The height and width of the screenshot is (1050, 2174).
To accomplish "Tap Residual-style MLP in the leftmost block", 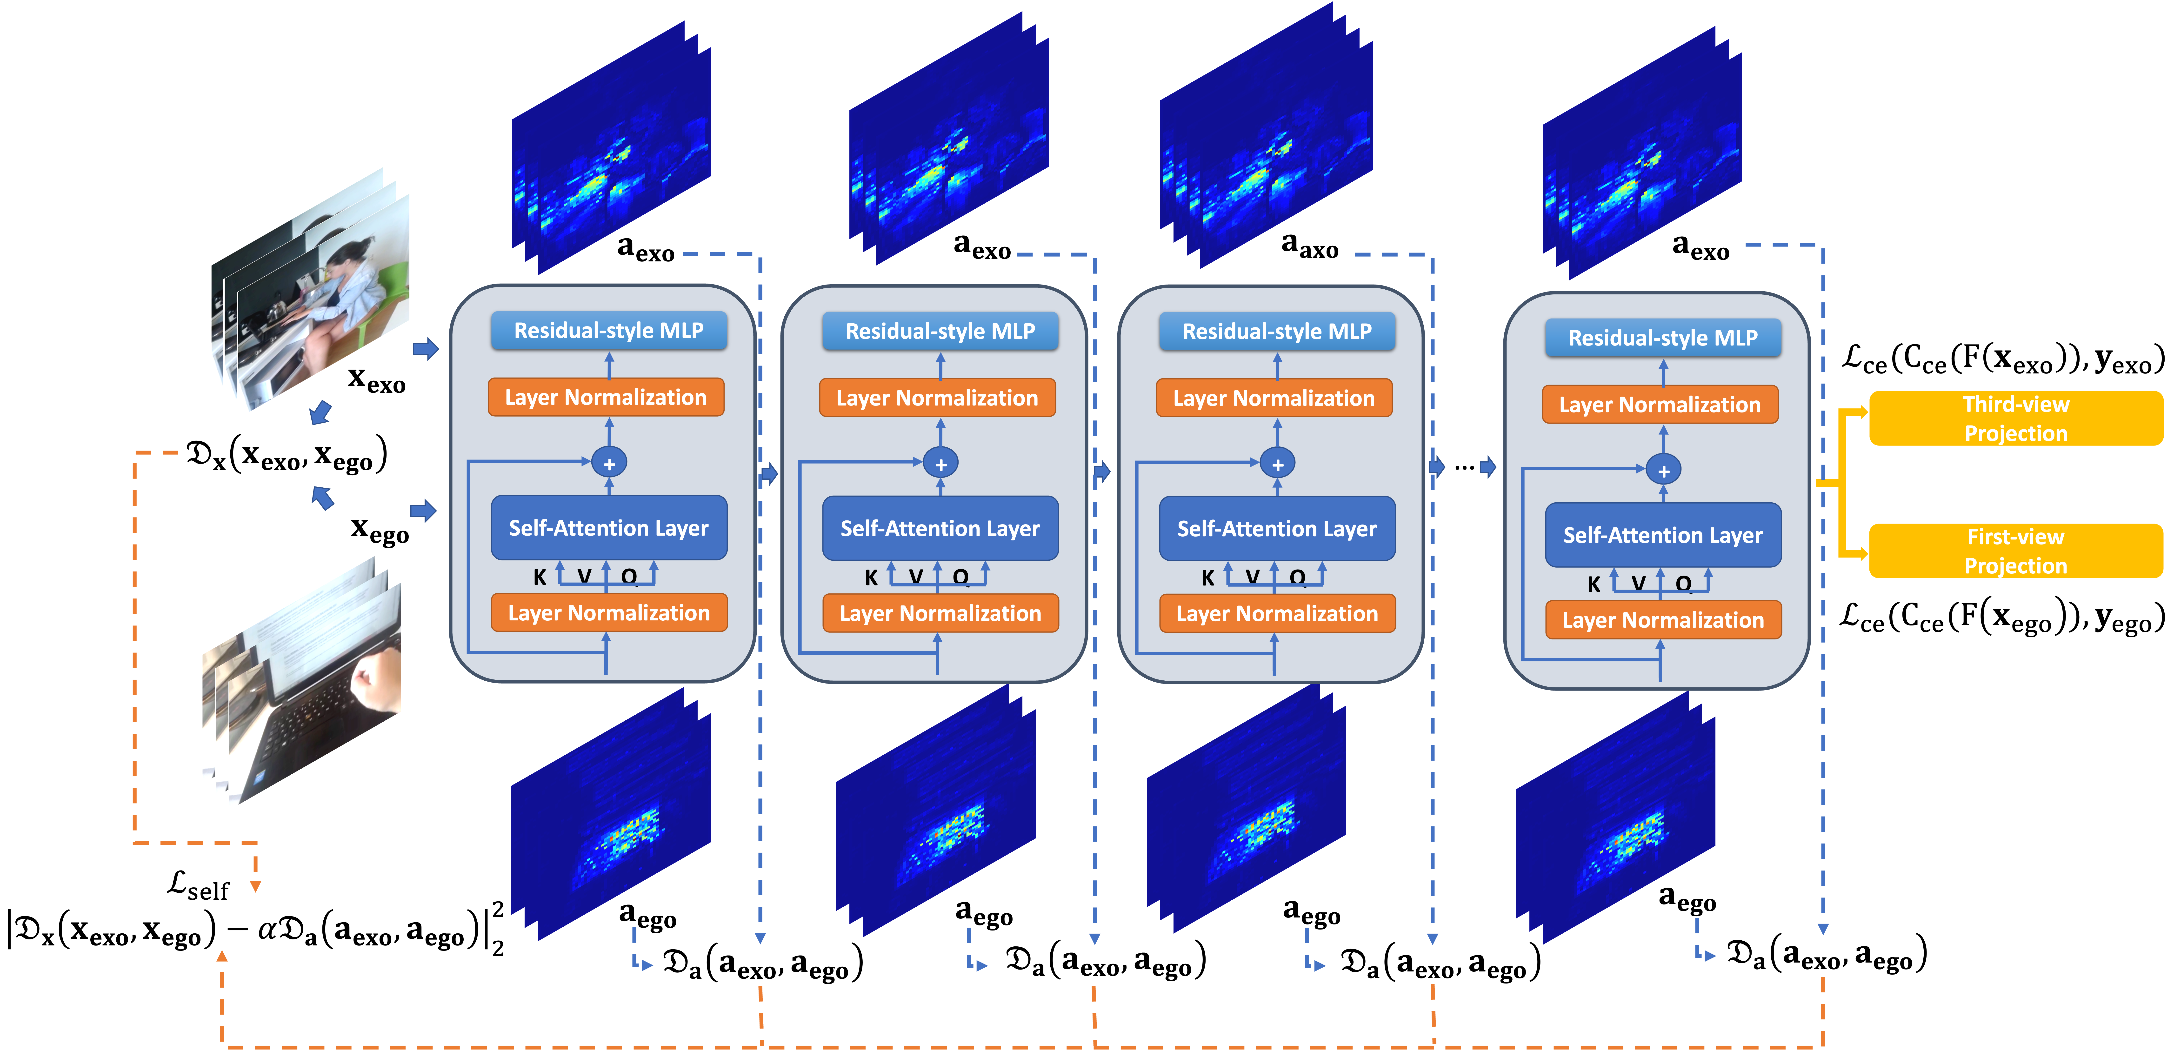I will (x=608, y=331).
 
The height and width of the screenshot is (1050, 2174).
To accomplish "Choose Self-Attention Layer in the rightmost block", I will (x=1663, y=535).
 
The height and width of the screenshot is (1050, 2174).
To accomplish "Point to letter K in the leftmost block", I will (x=539, y=577).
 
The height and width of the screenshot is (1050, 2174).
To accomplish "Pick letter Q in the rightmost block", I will (x=1683, y=584).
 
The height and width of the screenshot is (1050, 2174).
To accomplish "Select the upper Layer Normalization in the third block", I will (x=1274, y=399).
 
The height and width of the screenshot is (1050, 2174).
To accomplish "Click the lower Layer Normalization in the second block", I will (x=940, y=614).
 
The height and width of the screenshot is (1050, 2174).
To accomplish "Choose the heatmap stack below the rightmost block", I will (x=1615, y=819).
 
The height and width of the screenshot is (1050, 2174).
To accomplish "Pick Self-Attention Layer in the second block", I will (x=940, y=528).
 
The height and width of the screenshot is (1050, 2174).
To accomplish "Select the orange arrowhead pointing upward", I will (x=222, y=956).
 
